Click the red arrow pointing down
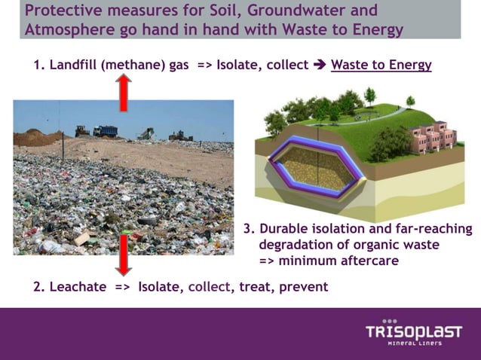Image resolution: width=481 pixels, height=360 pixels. click(124, 254)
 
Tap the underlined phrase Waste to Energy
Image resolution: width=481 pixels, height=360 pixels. click(381, 65)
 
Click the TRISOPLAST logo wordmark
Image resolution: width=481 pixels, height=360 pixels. click(413, 332)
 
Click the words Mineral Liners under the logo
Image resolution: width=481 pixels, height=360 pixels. click(414, 344)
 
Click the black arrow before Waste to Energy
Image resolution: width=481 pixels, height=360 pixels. click(320, 65)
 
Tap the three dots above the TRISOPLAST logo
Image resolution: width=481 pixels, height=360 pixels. click(390, 319)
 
